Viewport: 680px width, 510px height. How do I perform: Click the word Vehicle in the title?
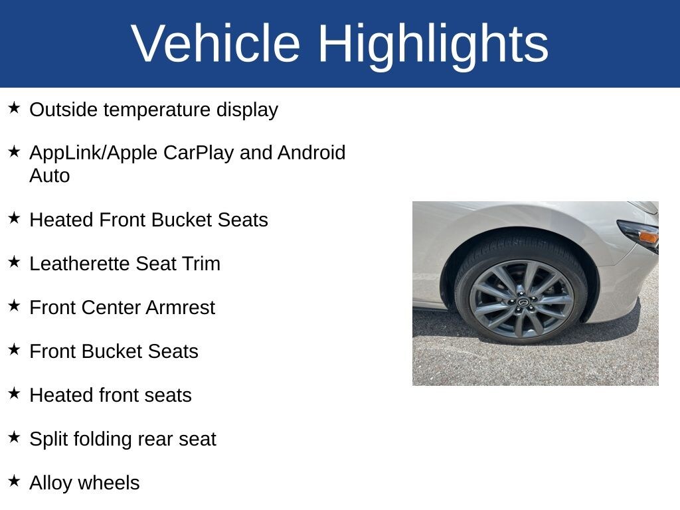click(216, 43)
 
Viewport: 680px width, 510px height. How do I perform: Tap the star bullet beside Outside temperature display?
click(15, 108)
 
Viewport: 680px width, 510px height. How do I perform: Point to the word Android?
click(311, 153)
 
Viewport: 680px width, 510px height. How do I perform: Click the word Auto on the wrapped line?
click(49, 175)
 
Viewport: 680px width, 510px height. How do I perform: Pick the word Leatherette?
click(80, 264)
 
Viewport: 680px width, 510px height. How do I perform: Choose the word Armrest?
click(181, 307)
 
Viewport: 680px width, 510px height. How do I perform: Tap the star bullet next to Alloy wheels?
click(15, 481)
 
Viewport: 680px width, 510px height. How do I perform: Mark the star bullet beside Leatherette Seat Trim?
click(15, 262)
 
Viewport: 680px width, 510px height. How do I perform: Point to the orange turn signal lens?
click(649, 237)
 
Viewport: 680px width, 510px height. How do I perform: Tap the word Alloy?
click(50, 483)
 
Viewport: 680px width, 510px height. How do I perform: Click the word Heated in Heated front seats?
click(61, 395)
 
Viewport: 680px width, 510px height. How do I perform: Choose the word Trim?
click(201, 264)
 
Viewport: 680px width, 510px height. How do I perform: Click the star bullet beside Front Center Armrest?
click(15, 305)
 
